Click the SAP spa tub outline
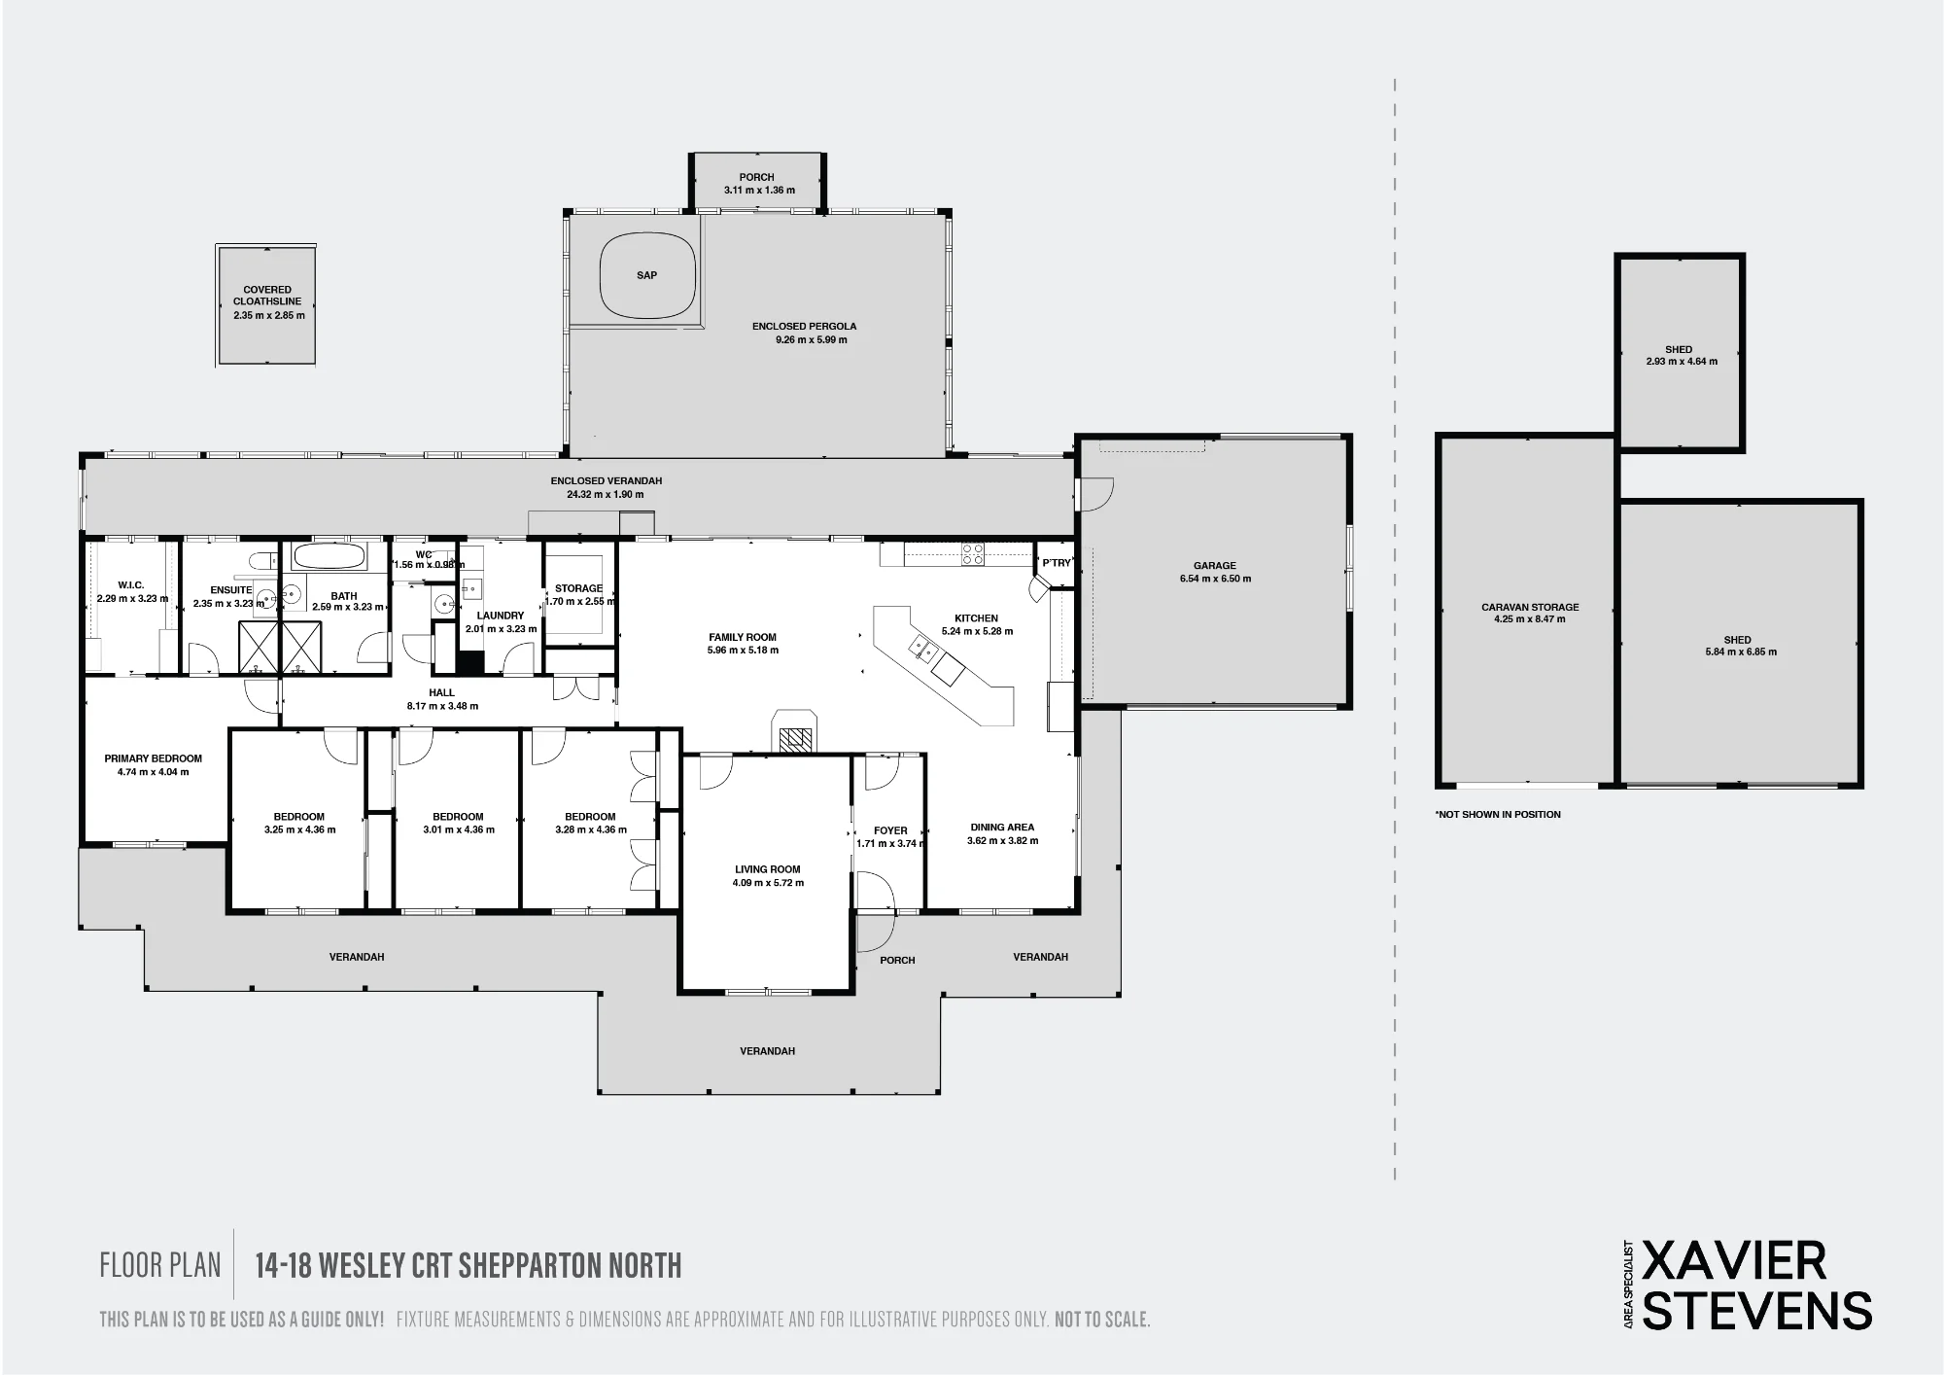click(x=600, y=274)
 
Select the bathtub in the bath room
click(x=330, y=557)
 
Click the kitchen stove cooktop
click(x=972, y=554)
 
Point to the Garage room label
click(x=1215, y=565)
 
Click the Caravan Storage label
click(x=1530, y=607)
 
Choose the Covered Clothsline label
click(x=267, y=296)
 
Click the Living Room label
click(x=768, y=869)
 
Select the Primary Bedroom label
click(x=154, y=758)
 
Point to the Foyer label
click(x=890, y=830)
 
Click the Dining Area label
click(x=1002, y=828)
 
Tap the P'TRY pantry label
click(x=1057, y=563)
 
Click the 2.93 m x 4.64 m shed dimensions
click(x=1682, y=362)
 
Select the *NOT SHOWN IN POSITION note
click(x=1498, y=814)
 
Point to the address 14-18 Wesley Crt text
click(x=469, y=1265)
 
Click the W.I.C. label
click(x=131, y=584)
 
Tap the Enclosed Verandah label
click(x=607, y=480)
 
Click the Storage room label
click(x=578, y=588)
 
